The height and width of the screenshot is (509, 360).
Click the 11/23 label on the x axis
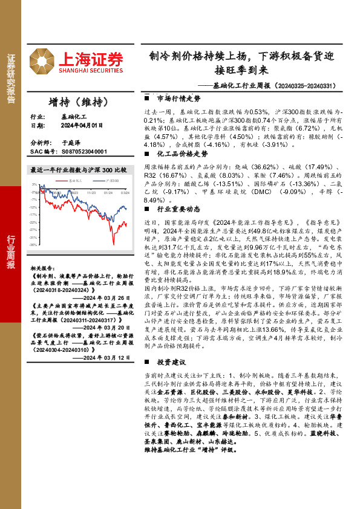click(x=91, y=193)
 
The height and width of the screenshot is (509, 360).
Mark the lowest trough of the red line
click(x=114, y=244)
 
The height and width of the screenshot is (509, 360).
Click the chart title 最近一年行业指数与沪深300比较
click(x=78, y=170)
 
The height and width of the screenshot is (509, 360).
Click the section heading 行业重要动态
click(x=178, y=209)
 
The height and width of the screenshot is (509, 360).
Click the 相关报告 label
click(x=42, y=267)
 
